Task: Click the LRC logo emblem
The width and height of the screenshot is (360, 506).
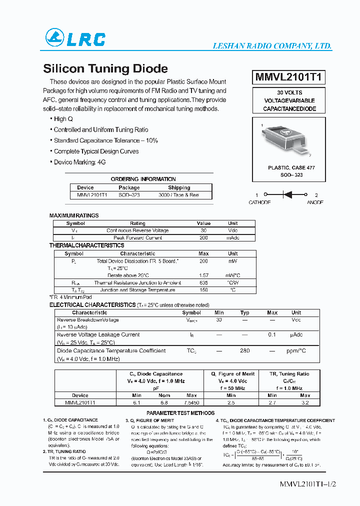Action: click(x=55, y=38)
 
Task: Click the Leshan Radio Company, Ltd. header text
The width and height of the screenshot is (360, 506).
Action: click(x=272, y=46)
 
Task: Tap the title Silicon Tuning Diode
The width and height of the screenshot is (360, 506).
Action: click(x=105, y=68)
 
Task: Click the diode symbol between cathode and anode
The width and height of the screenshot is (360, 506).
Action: click(x=287, y=195)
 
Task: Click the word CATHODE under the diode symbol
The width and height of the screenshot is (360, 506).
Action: click(x=259, y=202)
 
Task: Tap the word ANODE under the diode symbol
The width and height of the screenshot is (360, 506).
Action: click(x=315, y=202)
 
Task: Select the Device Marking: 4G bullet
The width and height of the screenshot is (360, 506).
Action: click(x=79, y=162)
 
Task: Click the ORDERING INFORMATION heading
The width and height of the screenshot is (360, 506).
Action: click(x=143, y=179)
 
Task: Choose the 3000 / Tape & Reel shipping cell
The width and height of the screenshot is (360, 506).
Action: click(x=178, y=195)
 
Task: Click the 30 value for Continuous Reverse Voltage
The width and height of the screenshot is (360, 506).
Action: click(x=203, y=230)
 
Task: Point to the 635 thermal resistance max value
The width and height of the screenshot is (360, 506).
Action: click(x=203, y=282)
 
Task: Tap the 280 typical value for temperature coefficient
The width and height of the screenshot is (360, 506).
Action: click(x=244, y=351)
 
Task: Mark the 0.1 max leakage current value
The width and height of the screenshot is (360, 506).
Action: click(x=272, y=335)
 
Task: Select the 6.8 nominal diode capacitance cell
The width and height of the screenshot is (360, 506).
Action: click(x=164, y=402)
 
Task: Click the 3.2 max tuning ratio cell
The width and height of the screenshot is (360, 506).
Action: click(x=305, y=402)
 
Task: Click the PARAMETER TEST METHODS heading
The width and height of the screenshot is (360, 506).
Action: click(x=180, y=413)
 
